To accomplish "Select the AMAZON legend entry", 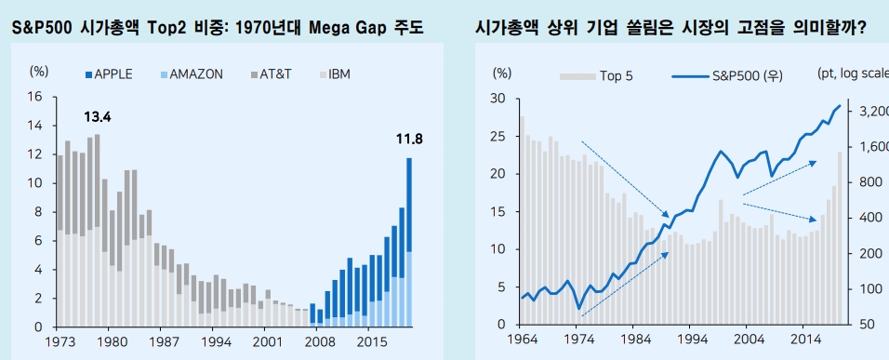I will coord(191,73).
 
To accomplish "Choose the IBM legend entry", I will coord(332,73).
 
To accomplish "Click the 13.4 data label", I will coord(98,117).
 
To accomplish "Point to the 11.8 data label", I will coord(409,140).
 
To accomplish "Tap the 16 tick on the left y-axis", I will coord(35,97).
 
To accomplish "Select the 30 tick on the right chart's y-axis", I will coord(498,99).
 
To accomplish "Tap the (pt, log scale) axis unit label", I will coord(853,73).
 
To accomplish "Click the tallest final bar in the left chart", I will coord(409,242).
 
